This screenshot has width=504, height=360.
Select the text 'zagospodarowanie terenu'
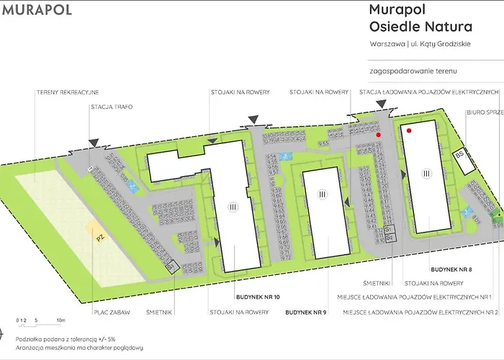coord(413,72)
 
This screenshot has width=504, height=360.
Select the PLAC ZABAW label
coord(110,312)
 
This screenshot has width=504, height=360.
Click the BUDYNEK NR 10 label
coord(257,297)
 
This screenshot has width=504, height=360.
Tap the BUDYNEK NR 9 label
coord(306,312)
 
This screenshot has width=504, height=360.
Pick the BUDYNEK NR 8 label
coord(451,268)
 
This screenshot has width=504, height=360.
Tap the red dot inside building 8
coord(408,131)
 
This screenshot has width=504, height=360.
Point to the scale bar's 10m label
coord(61,319)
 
